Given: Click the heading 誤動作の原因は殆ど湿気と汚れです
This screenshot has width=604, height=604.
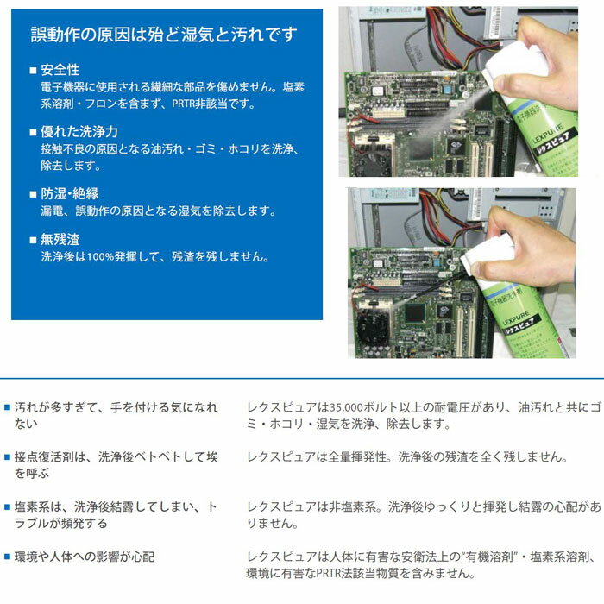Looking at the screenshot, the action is (164, 35).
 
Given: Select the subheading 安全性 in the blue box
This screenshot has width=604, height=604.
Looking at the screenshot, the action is (60, 70).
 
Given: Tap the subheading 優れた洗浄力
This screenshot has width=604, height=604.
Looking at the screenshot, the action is (79, 132).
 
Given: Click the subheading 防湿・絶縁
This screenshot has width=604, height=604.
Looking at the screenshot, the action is (70, 193).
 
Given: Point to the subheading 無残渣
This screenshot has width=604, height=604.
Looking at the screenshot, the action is (60, 239).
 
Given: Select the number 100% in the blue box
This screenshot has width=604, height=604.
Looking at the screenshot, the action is (101, 256).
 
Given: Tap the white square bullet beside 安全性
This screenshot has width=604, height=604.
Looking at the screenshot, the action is (33, 71).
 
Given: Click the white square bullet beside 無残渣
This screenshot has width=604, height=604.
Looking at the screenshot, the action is (33, 240).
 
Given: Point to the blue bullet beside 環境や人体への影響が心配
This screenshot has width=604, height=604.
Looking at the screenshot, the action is (7, 557).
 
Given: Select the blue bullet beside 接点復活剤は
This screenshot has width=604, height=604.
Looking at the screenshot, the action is (7, 457).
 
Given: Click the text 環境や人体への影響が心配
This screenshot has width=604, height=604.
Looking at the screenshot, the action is (85, 557).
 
